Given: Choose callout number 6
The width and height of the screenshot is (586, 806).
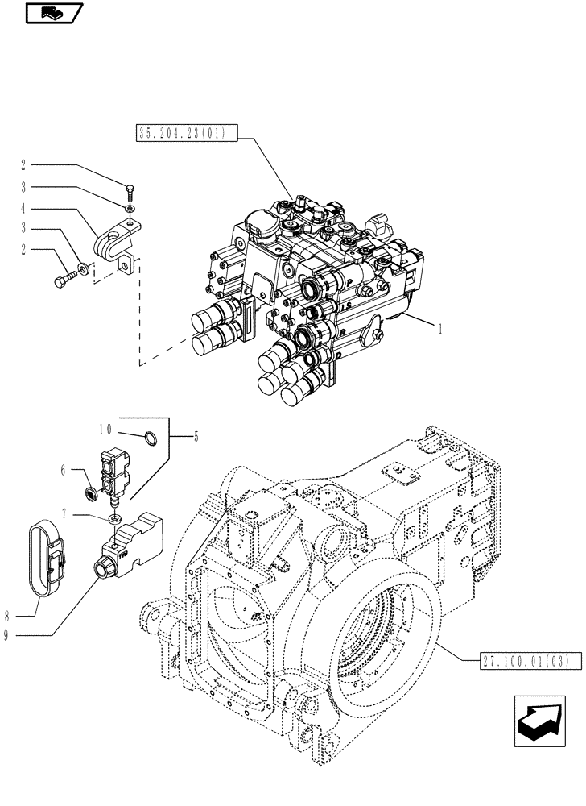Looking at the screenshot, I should [x=73, y=470].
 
